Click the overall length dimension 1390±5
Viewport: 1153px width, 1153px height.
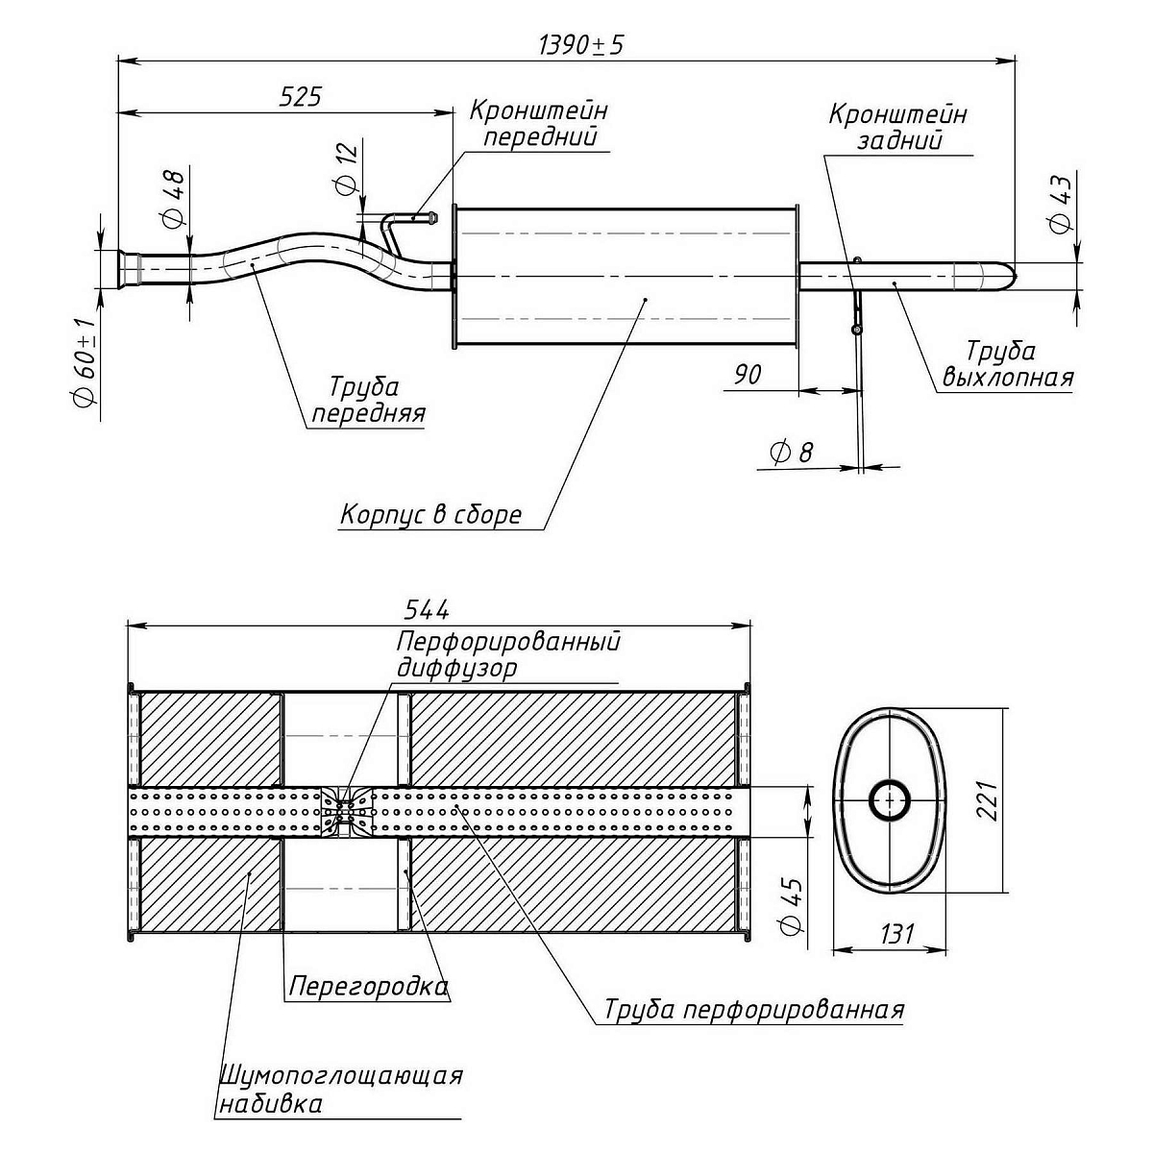tap(581, 45)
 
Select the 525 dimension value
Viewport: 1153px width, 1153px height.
tap(301, 96)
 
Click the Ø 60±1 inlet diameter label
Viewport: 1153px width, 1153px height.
tap(84, 362)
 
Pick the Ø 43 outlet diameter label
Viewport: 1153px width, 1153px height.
tap(1060, 204)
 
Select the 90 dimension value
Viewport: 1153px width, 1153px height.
tap(748, 375)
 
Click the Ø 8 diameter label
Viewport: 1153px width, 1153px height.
tap(791, 453)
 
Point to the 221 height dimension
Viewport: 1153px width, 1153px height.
tap(985, 800)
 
